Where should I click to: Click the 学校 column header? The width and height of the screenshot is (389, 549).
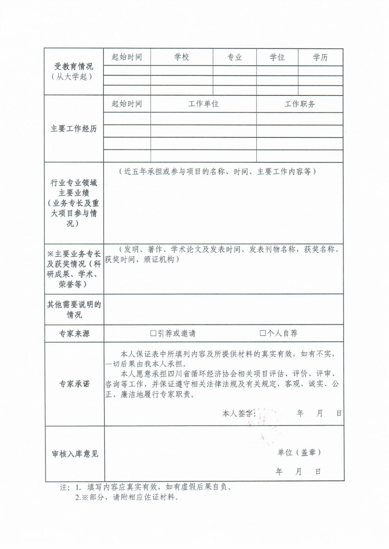tap(182, 58)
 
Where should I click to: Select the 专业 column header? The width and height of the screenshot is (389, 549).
tap(235, 58)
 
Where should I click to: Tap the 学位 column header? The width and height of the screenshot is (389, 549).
tap(277, 58)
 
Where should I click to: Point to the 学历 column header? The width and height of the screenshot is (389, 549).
tap(320, 58)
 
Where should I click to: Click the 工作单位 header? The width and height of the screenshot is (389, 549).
tap(204, 104)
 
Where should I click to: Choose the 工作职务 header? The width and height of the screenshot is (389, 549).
tap(300, 104)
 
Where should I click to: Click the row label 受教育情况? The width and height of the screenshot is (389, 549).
tap(74, 67)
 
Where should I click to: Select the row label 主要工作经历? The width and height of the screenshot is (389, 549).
tap(74, 129)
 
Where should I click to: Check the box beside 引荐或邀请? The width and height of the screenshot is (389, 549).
tap(153, 333)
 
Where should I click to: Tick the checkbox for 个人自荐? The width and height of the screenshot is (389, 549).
tap(263, 333)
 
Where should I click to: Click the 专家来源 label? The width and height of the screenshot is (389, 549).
tap(74, 334)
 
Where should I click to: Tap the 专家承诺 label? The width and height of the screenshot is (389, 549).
tap(74, 384)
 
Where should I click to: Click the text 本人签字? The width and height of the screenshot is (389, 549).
tap(239, 414)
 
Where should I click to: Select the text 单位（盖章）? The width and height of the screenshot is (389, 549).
tap(299, 453)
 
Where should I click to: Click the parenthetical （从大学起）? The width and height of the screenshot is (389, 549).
tap(74, 77)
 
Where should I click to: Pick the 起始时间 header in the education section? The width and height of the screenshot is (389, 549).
tap(127, 58)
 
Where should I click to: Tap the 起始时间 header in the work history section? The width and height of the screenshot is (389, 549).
tap(127, 104)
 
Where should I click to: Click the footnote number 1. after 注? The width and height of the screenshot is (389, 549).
tap(78, 487)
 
